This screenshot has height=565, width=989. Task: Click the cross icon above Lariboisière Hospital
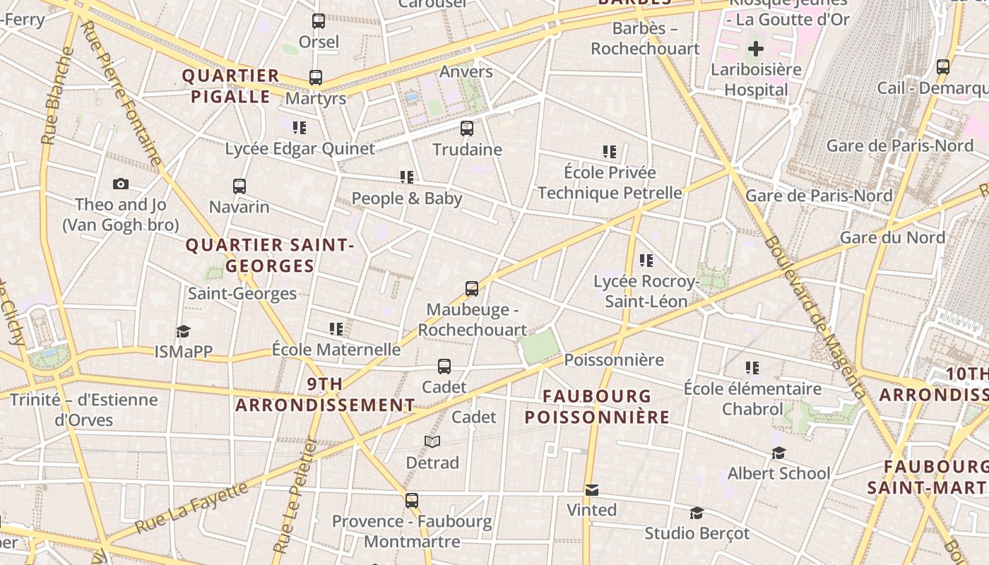tap(756, 49)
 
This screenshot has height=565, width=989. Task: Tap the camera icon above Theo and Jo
tap(121, 184)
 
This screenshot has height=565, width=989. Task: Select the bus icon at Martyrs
tap(316, 78)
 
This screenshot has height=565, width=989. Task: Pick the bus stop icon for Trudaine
tap(467, 129)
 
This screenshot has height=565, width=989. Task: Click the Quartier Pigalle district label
tap(230, 86)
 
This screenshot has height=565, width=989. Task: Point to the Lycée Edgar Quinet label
tap(300, 149)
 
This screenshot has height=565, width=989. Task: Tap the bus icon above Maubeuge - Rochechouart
tap(472, 289)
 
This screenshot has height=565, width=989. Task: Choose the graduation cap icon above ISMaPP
tap(184, 331)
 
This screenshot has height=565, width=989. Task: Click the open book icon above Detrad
tap(432, 442)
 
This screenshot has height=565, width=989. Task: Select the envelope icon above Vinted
tap(592, 489)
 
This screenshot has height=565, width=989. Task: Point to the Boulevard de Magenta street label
tap(813, 317)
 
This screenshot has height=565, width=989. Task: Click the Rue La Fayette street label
tap(191, 506)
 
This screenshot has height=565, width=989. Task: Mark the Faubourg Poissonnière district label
tap(597, 407)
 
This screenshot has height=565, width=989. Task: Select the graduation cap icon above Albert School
tap(778, 453)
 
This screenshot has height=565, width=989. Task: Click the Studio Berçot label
tap(697, 533)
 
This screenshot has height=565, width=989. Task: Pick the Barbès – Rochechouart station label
tap(645, 39)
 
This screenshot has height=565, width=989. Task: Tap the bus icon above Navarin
tap(239, 186)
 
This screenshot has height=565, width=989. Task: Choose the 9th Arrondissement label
tap(325, 395)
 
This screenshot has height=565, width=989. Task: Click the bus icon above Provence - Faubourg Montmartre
tap(412, 501)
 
